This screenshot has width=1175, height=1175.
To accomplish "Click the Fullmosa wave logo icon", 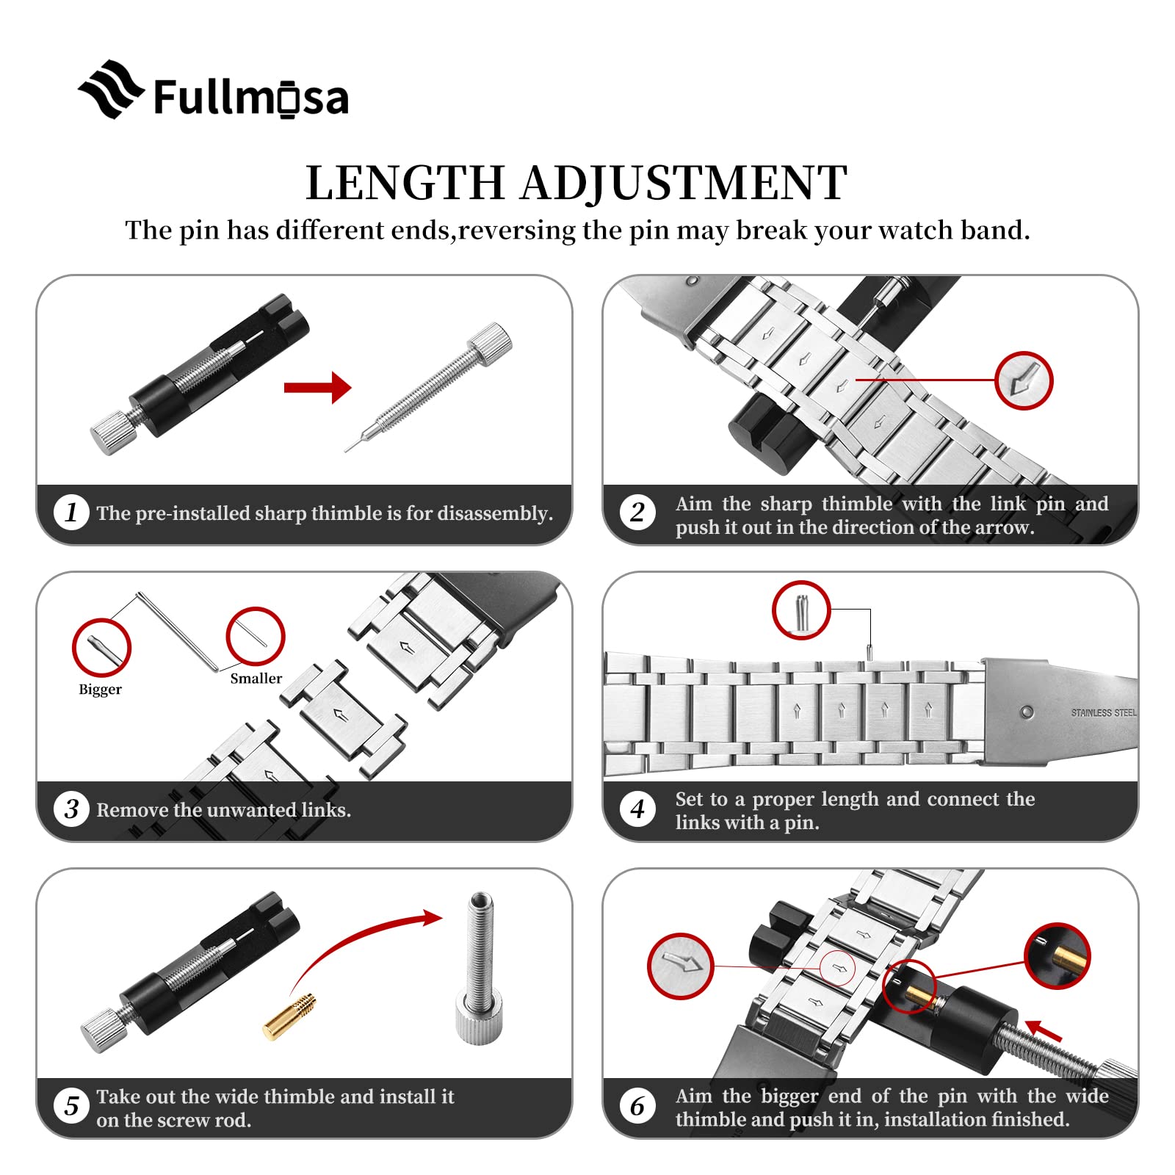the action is pos(111,90).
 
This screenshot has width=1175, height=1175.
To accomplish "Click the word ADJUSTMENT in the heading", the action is pos(684,183).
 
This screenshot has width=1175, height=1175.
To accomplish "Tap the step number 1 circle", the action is pos(71,512).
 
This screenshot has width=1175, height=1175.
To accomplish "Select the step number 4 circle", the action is pos(637,809).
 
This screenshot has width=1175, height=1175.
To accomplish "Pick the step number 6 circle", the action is pos(637,1106).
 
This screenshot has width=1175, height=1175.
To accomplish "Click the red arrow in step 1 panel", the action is pos(317,387).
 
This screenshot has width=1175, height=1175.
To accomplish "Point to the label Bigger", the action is pos(100,689).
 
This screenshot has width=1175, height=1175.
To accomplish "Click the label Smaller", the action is pos(256,678).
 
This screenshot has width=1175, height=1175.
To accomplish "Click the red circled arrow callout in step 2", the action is pos(1024,381).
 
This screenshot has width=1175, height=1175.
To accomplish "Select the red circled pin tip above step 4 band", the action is pos(801,610).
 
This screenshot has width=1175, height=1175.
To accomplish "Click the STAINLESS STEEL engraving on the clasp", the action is pos(1103,712).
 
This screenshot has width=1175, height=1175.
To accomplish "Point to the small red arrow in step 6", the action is pos(1043,1030).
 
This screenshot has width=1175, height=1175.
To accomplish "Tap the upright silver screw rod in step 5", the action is pos(480,966).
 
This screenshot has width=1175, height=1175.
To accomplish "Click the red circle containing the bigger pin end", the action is pos(101,647).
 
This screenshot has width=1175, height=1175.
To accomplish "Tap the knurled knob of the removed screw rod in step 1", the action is pos(490,344).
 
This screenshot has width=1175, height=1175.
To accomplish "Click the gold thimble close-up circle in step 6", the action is pos(1057,955).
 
